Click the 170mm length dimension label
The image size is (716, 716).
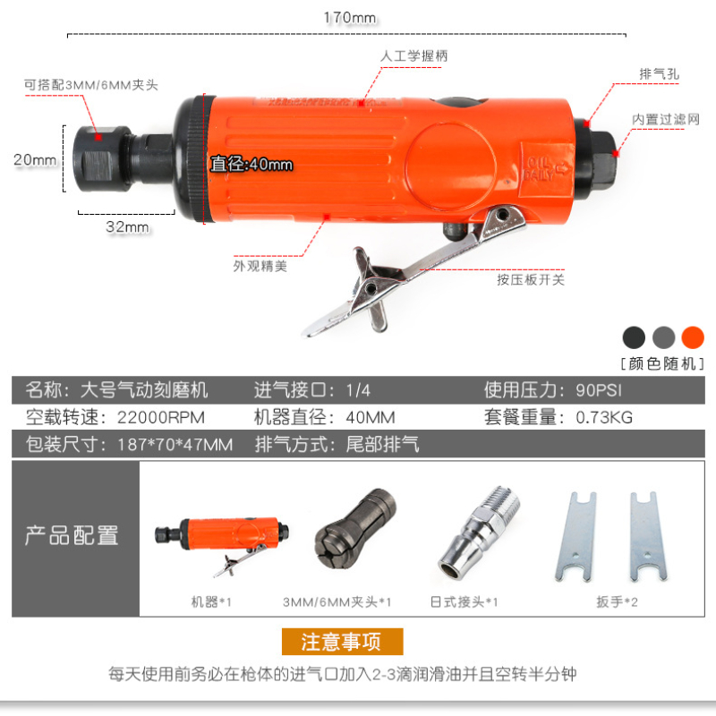[x=350, y=18]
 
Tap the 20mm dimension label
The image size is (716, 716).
[x=35, y=160]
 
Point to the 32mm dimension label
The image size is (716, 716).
[x=127, y=226]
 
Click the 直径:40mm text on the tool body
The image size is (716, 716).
[x=251, y=164]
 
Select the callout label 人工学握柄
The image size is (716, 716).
[x=413, y=56]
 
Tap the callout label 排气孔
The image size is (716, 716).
[x=659, y=73]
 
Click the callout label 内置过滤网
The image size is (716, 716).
[x=666, y=119]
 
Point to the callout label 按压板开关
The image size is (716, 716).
[x=531, y=279]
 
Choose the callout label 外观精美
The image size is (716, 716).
[x=260, y=266]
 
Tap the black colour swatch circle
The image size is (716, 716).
[x=634, y=338]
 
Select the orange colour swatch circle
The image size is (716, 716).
[x=693, y=338]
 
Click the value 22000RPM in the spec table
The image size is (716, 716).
[x=161, y=417]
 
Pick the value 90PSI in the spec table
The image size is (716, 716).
[x=599, y=390]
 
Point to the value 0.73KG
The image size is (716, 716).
[x=604, y=417]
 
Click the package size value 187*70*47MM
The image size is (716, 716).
[x=175, y=444]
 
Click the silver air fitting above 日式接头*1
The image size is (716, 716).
[x=479, y=533]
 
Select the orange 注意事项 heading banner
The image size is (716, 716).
[x=343, y=642]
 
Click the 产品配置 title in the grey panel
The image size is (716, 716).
[x=72, y=535]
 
